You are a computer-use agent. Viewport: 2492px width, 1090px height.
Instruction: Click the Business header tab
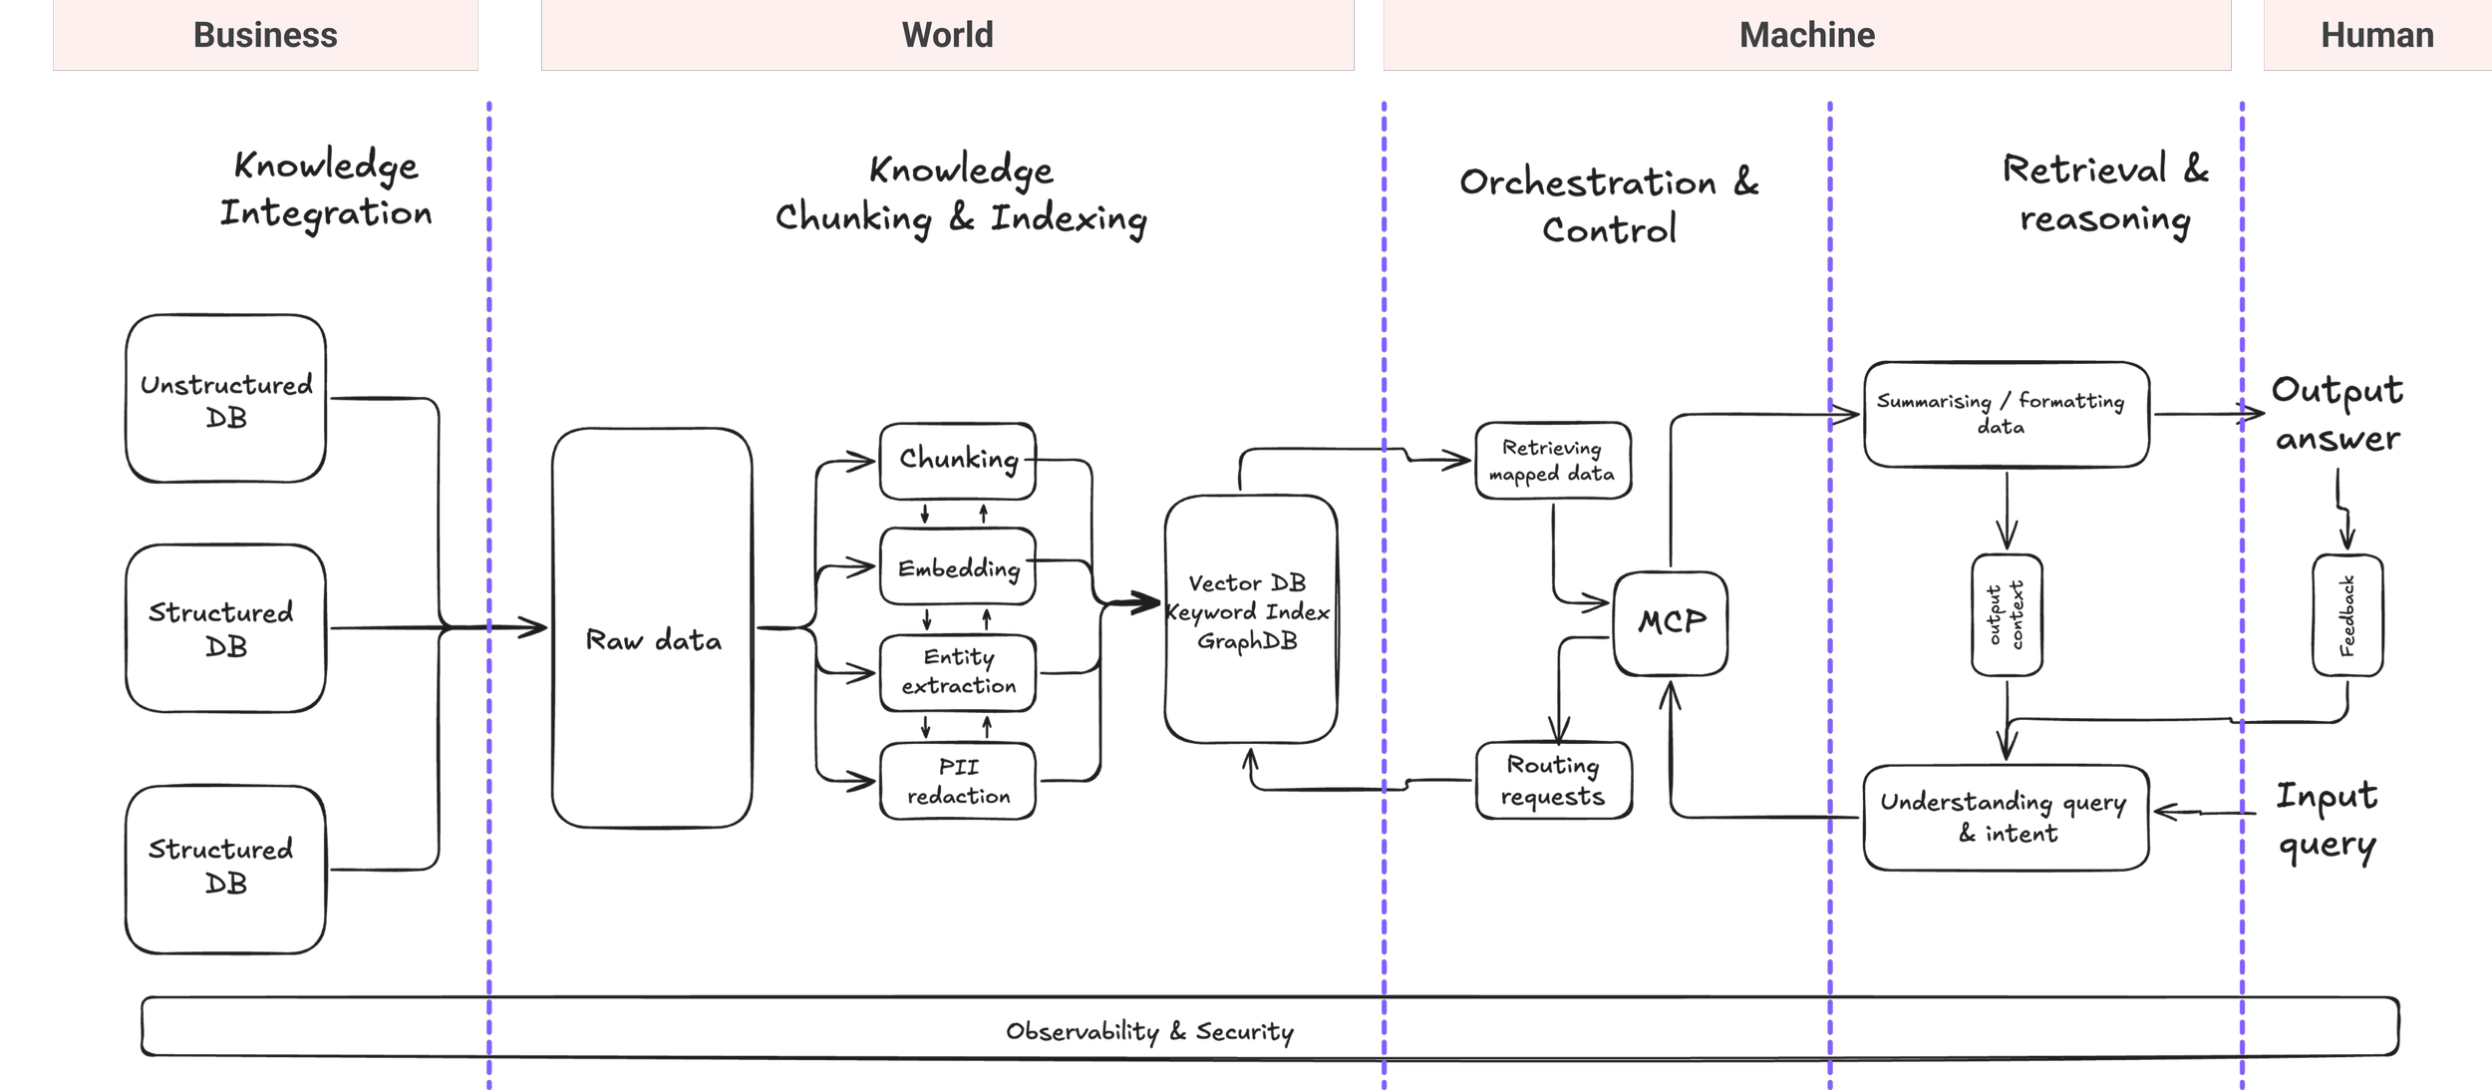point(265,35)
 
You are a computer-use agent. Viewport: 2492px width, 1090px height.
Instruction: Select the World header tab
point(947,35)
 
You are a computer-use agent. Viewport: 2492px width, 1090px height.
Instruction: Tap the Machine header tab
point(1806,35)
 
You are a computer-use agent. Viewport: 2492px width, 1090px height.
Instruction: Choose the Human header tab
point(2376,35)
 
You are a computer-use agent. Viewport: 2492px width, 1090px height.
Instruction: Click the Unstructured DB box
point(226,399)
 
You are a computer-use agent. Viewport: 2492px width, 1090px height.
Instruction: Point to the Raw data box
point(653,628)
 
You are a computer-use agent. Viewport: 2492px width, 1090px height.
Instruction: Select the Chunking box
point(958,461)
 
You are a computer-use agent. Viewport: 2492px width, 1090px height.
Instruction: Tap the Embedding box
point(958,567)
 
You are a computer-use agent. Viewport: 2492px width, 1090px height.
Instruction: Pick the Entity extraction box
point(958,672)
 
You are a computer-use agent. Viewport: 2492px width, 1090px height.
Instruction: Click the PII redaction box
point(958,781)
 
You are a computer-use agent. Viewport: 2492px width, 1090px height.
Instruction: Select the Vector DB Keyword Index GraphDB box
point(1250,618)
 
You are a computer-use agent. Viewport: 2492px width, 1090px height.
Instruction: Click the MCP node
point(1671,623)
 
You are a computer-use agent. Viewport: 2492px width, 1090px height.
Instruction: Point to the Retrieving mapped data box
point(1553,461)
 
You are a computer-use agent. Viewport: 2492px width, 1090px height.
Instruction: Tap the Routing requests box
point(1553,781)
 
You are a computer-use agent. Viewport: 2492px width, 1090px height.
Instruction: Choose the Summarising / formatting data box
point(2006,414)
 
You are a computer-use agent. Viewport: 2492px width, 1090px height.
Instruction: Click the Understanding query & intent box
point(2006,818)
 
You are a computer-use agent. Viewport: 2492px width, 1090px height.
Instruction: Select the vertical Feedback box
point(2347,615)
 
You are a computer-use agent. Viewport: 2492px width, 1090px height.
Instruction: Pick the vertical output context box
point(2007,615)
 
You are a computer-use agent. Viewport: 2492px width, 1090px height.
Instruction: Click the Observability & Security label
point(1149,1031)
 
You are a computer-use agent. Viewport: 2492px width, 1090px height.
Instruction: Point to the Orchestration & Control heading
point(1609,205)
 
